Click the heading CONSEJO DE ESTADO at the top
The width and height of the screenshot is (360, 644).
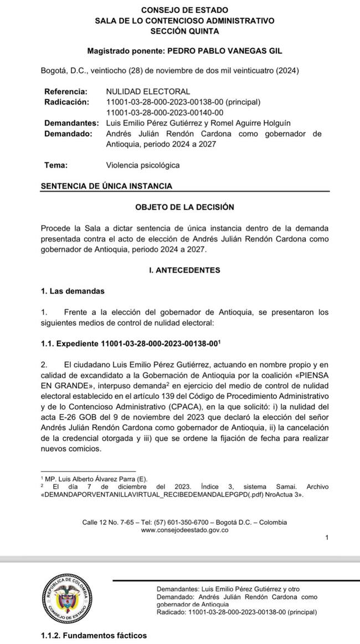(184, 10)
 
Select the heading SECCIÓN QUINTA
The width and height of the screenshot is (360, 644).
(184, 30)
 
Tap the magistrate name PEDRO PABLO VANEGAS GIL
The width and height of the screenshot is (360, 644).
(224, 50)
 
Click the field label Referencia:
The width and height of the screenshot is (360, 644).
(65, 91)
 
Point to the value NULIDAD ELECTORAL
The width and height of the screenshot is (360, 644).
(148, 91)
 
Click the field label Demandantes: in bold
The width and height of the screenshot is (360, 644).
(71, 123)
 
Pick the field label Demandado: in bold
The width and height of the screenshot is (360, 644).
(68, 134)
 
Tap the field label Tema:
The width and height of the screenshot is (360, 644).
(56, 165)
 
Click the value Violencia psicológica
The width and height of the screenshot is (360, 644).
(142, 165)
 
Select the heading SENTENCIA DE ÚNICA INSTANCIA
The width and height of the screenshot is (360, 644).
(106, 186)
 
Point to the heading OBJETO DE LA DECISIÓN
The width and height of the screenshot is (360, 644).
(184, 207)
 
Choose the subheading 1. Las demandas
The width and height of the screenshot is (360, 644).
(72, 291)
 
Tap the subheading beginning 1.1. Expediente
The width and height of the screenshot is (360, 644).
(131, 344)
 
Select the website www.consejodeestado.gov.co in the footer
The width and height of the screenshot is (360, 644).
(184, 530)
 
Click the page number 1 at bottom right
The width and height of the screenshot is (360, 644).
(327, 538)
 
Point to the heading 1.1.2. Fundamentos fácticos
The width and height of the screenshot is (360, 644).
(94, 635)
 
